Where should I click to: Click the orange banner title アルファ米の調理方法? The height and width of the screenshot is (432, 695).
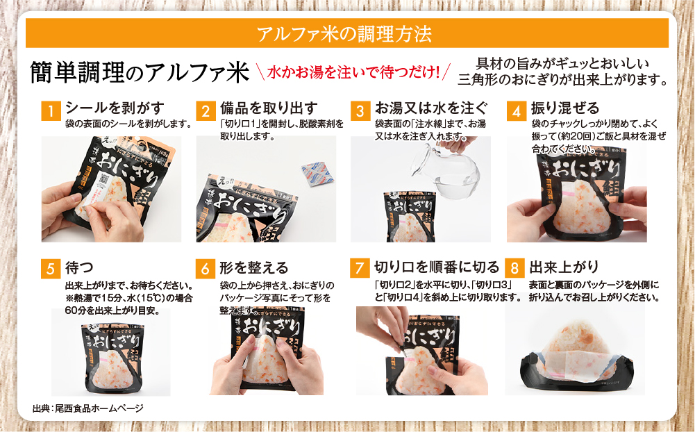(346, 33)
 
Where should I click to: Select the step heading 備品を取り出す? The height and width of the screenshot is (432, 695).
(269, 108)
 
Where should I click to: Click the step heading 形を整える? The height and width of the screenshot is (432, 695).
(253, 267)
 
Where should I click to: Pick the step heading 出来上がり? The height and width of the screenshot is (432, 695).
(564, 267)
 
